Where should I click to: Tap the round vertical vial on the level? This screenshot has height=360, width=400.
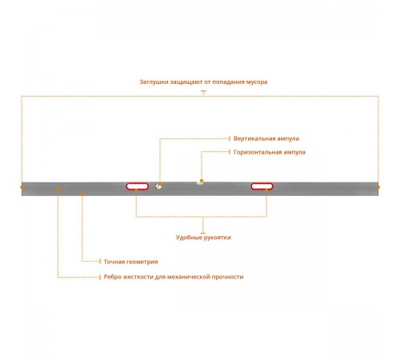coord(158,186)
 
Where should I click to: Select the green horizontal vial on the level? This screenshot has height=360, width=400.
coord(200,183)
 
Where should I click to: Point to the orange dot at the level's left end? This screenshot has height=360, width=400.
coord(22,187)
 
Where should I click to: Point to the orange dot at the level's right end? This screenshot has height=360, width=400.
coord(378,187)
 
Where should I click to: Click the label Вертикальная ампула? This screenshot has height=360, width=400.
coord(266,138)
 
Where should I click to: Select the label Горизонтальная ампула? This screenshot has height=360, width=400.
coord(270,152)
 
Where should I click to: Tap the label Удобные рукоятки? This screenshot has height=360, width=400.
coord(203,238)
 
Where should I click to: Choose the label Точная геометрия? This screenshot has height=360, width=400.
coord(130,262)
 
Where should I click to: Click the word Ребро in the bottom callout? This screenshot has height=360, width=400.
coord(111,277)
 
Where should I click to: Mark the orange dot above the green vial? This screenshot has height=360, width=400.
coord(202,181)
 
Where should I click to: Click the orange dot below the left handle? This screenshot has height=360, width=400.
coord(136,190)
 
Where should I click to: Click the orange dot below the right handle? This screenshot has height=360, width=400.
coord(266,190)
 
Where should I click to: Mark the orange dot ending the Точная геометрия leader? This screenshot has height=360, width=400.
coord(82,194)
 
